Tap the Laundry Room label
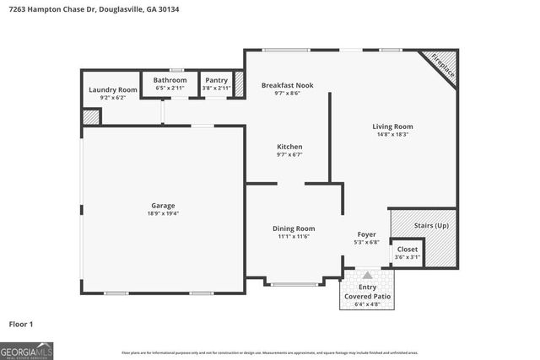pyautogui.click(x=112, y=89)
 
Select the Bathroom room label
pyautogui.click(x=170, y=80)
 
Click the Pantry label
pyautogui.click(x=216, y=80)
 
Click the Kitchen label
pyautogui.click(x=289, y=147)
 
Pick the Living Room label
pyautogui.click(x=392, y=126)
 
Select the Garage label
pyautogui.click(x=164, y=206)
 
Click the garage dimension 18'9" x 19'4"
pyautogui.click(x=164, y=214)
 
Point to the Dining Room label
pyautogui.click(x=294, y=228)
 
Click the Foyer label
pyautogui.click(x=366, y=234)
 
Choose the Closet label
pyautogui.click(x=407, y=250)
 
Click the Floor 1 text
pyautogui.click(x=21, y=324)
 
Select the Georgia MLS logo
pyautogui.click(x=26, y=349)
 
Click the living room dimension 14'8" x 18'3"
pyautogui.click(x=392, y=135)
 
